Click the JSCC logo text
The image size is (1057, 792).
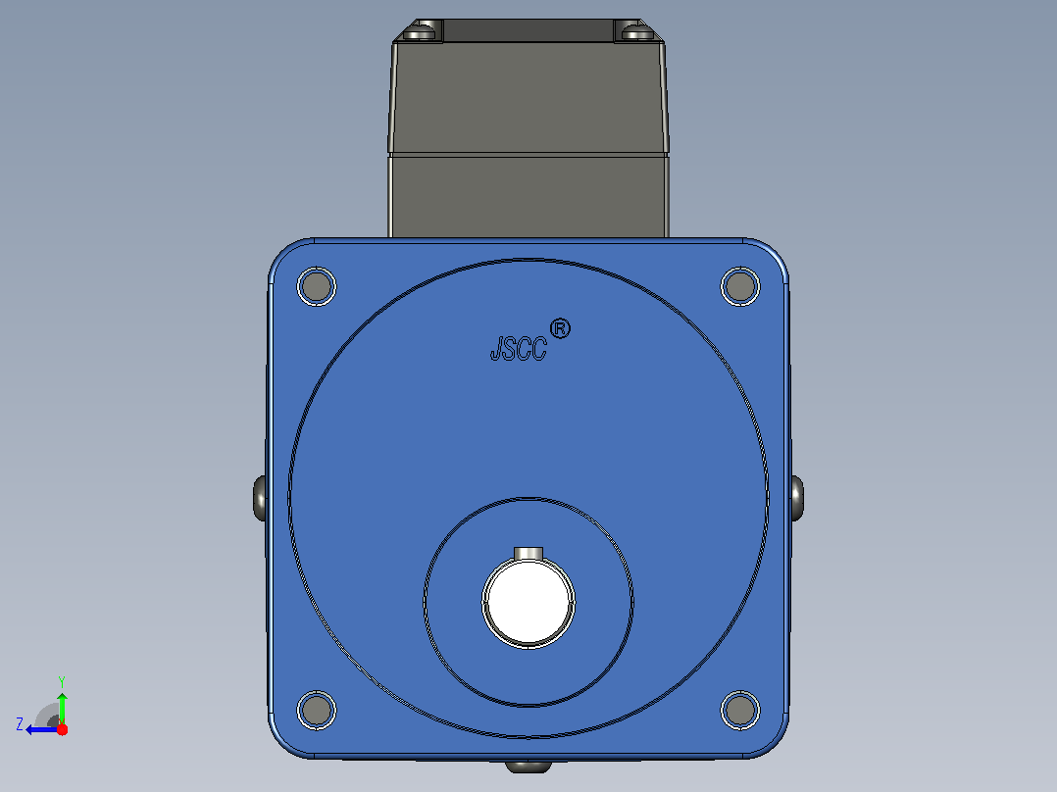coord(519,349)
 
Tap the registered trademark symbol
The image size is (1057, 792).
coord(560,329)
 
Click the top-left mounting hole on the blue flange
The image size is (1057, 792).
coord(317,286)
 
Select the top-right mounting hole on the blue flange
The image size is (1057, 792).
coord(740,286)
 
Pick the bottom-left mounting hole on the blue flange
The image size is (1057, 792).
coord(317,710)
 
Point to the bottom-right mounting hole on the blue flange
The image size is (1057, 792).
coord(740,710)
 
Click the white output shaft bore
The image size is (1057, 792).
coord(528,601)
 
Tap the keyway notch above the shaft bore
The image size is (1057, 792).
coord(528,554)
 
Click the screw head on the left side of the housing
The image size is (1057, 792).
coord(260,498)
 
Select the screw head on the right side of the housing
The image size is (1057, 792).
coord(796,498)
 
